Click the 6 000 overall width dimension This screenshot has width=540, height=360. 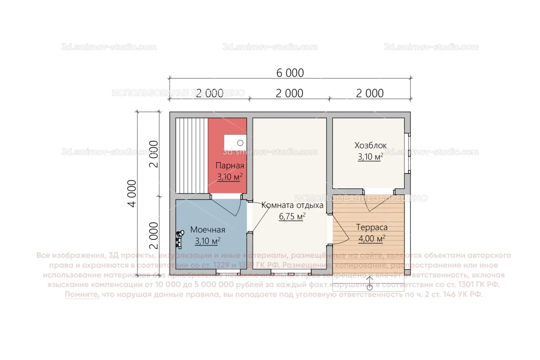point(290,73)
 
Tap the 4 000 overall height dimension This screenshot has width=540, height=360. point(132,193)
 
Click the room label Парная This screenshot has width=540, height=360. point(230,165)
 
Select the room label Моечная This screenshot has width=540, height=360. point(208,230)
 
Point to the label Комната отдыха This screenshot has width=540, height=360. point(292,205)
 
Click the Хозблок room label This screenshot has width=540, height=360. point(371,145)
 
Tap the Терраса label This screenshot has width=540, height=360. point(372,227)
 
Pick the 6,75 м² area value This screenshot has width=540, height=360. point(292,216)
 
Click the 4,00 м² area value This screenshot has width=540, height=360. point(372,239)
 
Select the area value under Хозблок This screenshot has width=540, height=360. point(371,157)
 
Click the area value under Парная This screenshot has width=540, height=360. point(230,177)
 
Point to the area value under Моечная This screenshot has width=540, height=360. point(208,241)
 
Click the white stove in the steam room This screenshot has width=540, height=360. point(235,143)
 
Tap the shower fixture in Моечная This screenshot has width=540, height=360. point(180,239)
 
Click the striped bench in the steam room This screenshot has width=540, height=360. point(192,155)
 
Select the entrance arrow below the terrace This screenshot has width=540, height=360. point(369,283)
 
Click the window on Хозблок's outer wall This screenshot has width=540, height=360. point(409,153)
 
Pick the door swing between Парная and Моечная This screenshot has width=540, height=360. point(230,207)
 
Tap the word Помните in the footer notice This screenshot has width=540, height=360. point(82,294)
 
